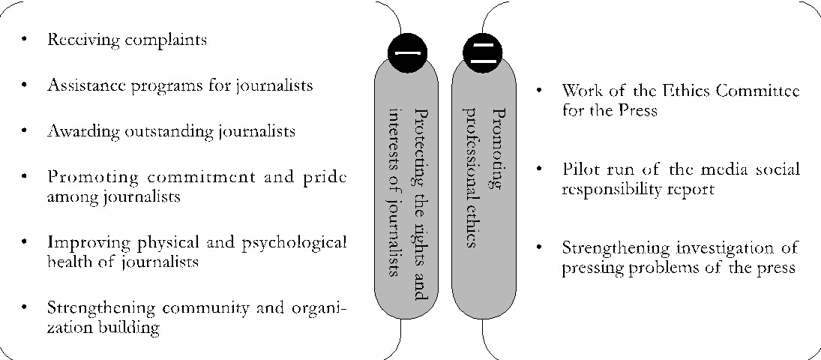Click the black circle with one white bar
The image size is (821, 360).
pyautogui.click(x=408, y=52)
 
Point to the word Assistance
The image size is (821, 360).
pyautogui.click(x=83, y=85)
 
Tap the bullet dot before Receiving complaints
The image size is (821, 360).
pyautogui.click(x=26, y=40)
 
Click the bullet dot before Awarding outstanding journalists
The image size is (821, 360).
pyautogui.click(x=26, y=132)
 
